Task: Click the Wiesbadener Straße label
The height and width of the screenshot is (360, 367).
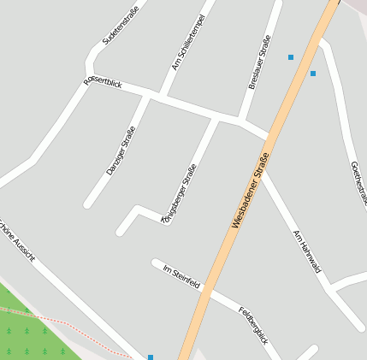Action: (251, 189)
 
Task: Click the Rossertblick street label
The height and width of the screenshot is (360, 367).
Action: (103, 83)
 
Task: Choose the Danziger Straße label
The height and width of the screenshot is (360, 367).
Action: (121, 150)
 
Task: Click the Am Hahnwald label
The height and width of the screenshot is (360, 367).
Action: (306, 251)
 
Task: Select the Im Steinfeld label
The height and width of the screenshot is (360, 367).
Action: (181, 275)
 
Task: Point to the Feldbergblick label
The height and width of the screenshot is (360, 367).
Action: (253, 326)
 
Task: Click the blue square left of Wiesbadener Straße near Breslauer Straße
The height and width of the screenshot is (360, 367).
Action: (291, 57)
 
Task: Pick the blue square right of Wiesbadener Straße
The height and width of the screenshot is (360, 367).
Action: (313, 74)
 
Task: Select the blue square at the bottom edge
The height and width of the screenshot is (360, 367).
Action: (151, 357)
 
